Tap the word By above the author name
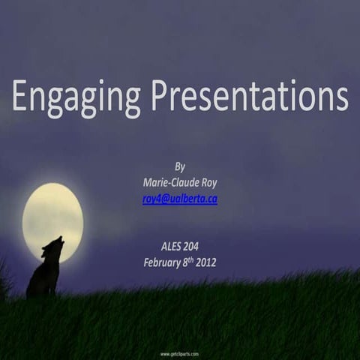[x=179, y=166]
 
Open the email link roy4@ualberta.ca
[x=179, y=199]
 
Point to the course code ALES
[x=169, y=247]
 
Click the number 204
[x=197, y=247]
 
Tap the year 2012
[x=205, y=262]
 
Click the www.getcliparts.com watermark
[x=179, y=353]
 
